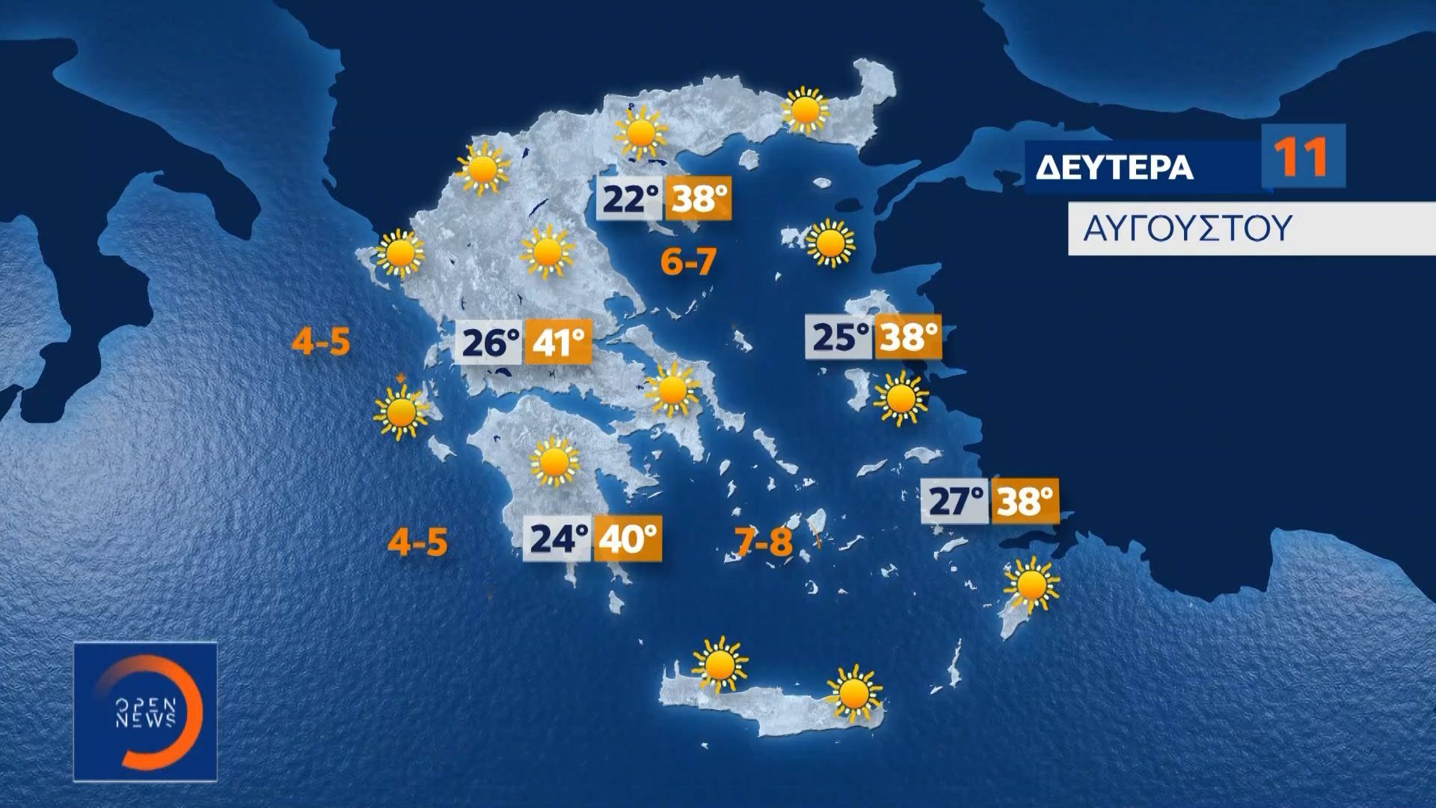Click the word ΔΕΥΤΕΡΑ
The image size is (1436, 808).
pos(1114,168)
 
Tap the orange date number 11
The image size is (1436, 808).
pos(1302,156)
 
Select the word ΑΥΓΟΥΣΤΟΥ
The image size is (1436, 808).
pos(1187,228)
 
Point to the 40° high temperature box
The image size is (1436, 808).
pos(628,539)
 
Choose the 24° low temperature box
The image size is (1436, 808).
pos(559,539)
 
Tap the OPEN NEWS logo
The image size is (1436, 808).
pos(145,711)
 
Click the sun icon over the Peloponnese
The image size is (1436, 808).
pos(554,461)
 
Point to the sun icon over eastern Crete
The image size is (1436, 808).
pos(853,692)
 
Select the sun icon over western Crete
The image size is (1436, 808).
pos(720,663)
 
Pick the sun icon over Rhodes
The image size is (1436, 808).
pos(1031,584)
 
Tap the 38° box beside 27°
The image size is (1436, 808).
pos(1025,501)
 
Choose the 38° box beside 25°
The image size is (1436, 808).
pos(908,337)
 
